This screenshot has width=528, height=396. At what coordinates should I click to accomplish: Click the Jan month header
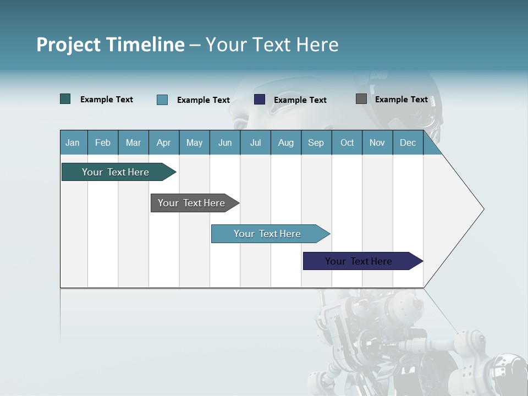click(x=73, y=142)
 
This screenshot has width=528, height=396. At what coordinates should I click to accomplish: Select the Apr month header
click(x=164, y=142)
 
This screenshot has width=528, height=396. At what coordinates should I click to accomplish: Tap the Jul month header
click(x=255, y=142)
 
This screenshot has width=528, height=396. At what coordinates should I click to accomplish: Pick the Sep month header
click(x=316, y=142)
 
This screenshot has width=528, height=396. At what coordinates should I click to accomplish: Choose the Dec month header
click(x=408, y=142)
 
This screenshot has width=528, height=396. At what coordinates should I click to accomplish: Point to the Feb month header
click(x=103, y=142)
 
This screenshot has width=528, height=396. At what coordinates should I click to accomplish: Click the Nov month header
click(x=377, y=142)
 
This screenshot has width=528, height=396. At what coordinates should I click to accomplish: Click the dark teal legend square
click(x=65, y=99)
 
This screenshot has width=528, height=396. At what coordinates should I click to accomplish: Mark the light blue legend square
click(x=162, y=100)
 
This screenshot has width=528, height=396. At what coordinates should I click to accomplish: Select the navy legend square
click(x=260, y=100)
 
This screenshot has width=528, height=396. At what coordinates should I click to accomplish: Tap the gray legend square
click(x=361, y=99)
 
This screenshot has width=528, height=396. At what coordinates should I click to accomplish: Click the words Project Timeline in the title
click(x=110, y=45)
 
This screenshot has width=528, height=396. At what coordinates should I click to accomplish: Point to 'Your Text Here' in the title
click(x=272, y=45)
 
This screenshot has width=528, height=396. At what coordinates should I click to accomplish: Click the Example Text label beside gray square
click(x=401, y=99)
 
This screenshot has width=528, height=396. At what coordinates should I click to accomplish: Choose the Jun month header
click(x=225, y=142)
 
